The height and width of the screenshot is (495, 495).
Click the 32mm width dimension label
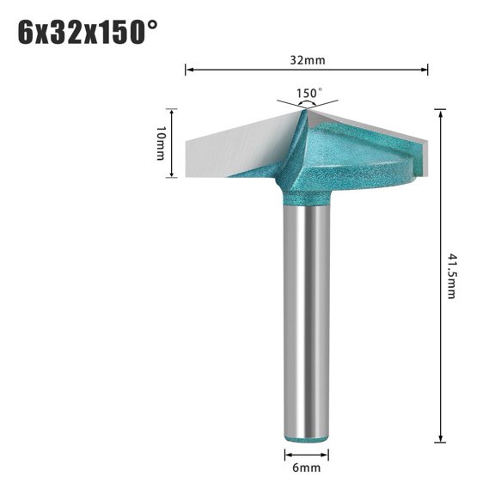[307, 61]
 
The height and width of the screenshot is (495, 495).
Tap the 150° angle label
[309, 93]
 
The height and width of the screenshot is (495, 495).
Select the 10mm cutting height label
[160, 143]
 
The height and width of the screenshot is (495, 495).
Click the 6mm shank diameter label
[306, 468]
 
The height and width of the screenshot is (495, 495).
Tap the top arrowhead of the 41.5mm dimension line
[440, 112]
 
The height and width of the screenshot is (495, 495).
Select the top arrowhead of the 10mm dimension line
[173, 112]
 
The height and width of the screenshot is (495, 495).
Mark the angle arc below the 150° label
[307, 102]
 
